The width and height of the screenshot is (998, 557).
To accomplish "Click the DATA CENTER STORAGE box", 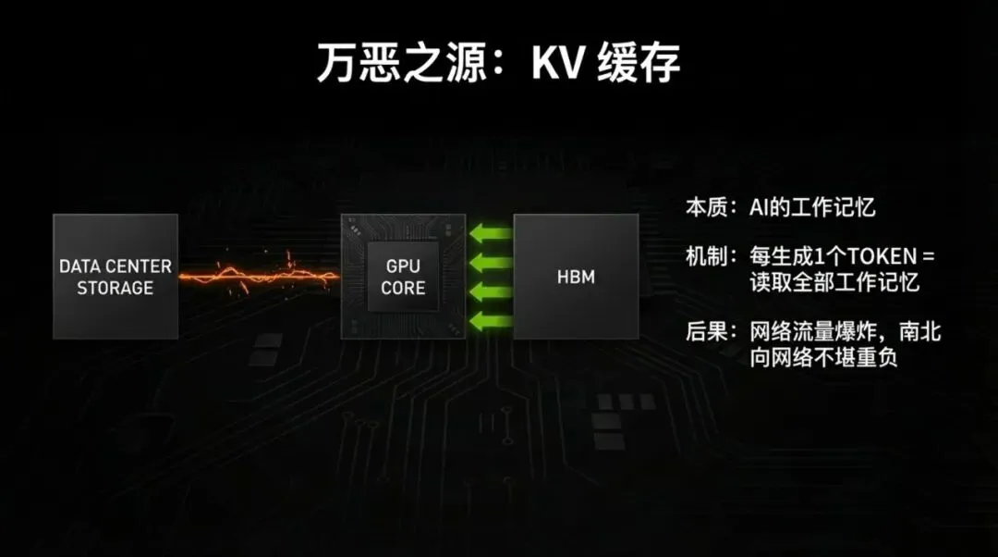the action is (x=115, y=276).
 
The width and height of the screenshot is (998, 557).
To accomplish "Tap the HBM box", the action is (x=575, y=277).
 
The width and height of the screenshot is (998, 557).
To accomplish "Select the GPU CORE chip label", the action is (x=403, y=277).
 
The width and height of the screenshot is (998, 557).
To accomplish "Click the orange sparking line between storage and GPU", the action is (x=259, y=275).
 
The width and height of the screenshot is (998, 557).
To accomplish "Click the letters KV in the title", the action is (x=558, y=63).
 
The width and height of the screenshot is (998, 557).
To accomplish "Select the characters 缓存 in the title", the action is (x=639, y=63).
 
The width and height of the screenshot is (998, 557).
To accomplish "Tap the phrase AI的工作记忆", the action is (x=812, y=207).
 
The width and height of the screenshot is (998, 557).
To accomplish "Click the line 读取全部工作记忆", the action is (x=834, y=282).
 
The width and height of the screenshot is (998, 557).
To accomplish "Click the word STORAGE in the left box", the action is (x=115, y=288).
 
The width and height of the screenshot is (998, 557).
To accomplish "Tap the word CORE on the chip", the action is (x=403, y=288).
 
